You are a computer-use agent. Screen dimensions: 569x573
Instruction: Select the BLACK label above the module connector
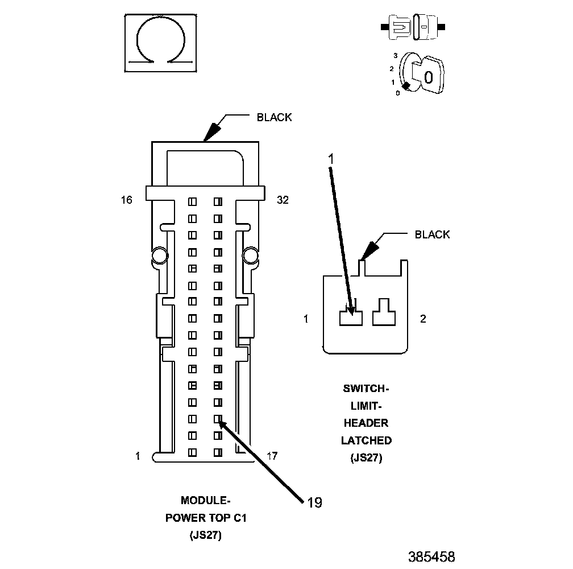pyautogui.click(x=274, y=118)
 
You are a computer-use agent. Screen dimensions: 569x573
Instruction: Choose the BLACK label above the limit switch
pyautogui.click(x=432, y=234)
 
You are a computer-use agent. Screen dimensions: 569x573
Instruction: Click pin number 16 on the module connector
pyautogui.click(x=126, y=200)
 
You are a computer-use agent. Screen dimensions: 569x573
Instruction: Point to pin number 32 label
pyautogui.click(x=283, y=200)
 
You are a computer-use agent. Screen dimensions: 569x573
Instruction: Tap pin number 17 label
pyautogui.click(x=272, y=456)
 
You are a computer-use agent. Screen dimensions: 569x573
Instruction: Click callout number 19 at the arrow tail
pyautogui.click(x=314, y=502)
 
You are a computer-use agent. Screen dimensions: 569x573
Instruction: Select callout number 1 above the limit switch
pyautogui.click(x=331, y=160)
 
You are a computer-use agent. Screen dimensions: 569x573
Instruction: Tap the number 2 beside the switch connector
pyautogui.click(x=423, y=319)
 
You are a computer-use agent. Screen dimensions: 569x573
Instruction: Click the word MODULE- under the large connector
pyautogui.click(x=205, y=501)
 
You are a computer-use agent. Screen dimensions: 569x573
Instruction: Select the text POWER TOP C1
pyautogui.click(x=206, y=518)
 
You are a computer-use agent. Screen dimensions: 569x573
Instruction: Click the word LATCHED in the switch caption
pyautogui.click(x=366, y=440)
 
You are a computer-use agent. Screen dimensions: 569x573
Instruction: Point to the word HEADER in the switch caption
pyautogui.click(x=366, y=423)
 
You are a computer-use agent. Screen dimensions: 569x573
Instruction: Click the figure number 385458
pyautogui.click(x=431, y=556)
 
